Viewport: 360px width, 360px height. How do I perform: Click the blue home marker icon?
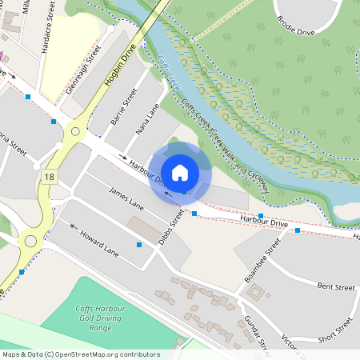click(180, 171)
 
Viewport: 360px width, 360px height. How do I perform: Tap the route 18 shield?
click(51, 176)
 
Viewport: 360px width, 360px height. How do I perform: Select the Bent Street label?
click(335, 286)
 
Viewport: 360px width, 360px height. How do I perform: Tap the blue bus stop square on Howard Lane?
click(140, 244)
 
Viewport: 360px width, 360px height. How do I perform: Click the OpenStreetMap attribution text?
click(81, 354)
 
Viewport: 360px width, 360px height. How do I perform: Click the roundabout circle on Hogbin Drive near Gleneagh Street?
click(75, 130)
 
